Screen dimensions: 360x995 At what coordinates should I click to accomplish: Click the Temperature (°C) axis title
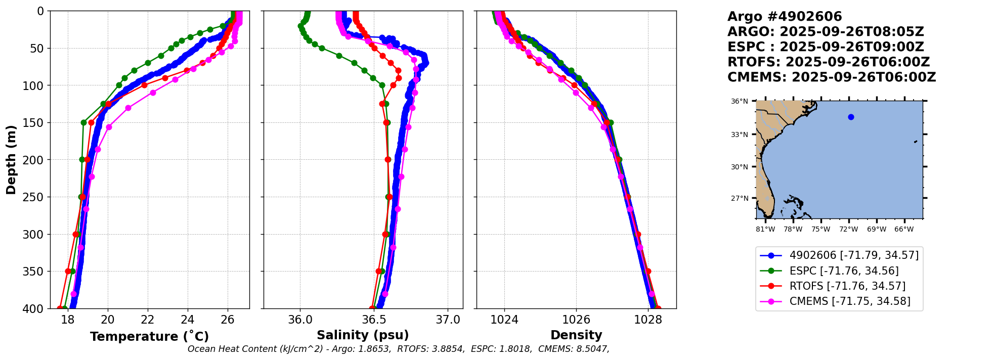pos(149,337)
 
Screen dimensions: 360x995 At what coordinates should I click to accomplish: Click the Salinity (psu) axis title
pos(363,335)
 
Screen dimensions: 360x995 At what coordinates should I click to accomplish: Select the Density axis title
pos(576,335)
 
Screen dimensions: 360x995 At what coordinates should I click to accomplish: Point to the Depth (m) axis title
pos(11,160)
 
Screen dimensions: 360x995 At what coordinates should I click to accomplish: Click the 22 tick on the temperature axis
pos(148,320)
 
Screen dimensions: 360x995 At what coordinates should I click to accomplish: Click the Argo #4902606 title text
pos(785,17)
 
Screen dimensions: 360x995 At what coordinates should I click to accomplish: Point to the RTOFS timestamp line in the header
pos(829,62)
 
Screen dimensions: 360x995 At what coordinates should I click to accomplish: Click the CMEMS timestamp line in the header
pos(832,77)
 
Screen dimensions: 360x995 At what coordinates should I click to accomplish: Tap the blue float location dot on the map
pos(851,117)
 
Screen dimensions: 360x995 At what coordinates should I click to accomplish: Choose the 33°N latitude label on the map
pos(739,134)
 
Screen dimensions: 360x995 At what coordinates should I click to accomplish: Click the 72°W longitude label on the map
pos(848,230)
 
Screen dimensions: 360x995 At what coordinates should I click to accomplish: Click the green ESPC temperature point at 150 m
pos(84,122)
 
